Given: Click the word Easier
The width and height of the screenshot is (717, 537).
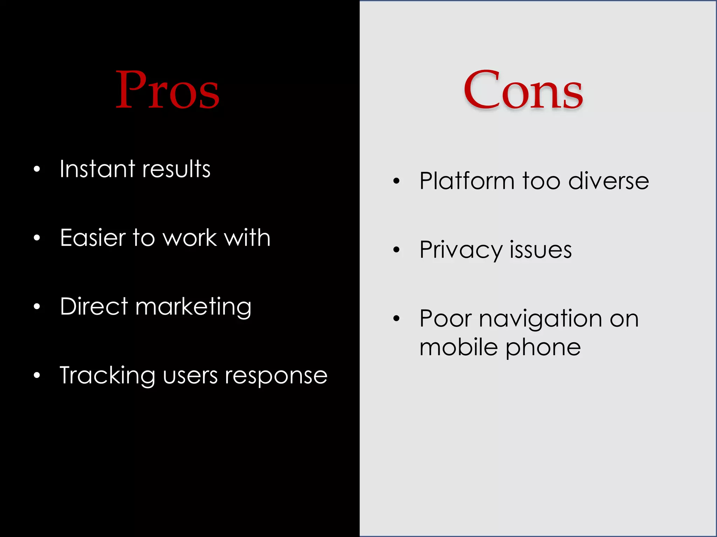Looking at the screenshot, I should click(92, 238).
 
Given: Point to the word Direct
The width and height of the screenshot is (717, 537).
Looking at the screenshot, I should click(94, 307).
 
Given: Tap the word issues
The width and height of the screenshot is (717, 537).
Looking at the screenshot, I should click(541, 250).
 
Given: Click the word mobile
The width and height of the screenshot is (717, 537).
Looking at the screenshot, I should click(459, 347).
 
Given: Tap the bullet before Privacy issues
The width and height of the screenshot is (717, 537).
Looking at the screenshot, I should click(396, 250).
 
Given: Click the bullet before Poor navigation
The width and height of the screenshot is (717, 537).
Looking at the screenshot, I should click(396, 318).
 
